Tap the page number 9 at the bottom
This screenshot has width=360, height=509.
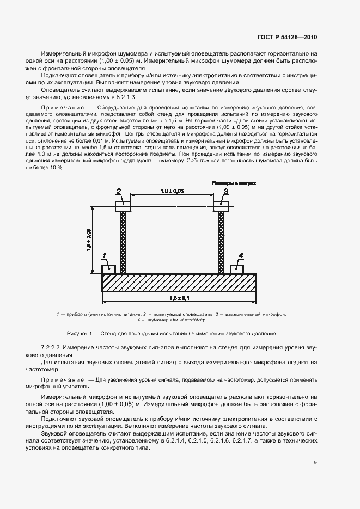tap(315, 463)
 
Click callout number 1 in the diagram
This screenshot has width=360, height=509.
tap(105, 255)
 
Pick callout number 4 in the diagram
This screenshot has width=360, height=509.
tap(240, 255)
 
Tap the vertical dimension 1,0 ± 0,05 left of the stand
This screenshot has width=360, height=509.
tap(89, 240)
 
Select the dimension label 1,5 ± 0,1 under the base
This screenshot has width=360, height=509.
tap(180, 298)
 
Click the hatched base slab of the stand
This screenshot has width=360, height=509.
tap(179, 283)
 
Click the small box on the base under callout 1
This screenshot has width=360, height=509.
tap(109, 268)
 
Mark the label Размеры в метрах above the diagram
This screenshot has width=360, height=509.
tap(234, 183)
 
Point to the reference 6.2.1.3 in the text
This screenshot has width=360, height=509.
tap(112, 96)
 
